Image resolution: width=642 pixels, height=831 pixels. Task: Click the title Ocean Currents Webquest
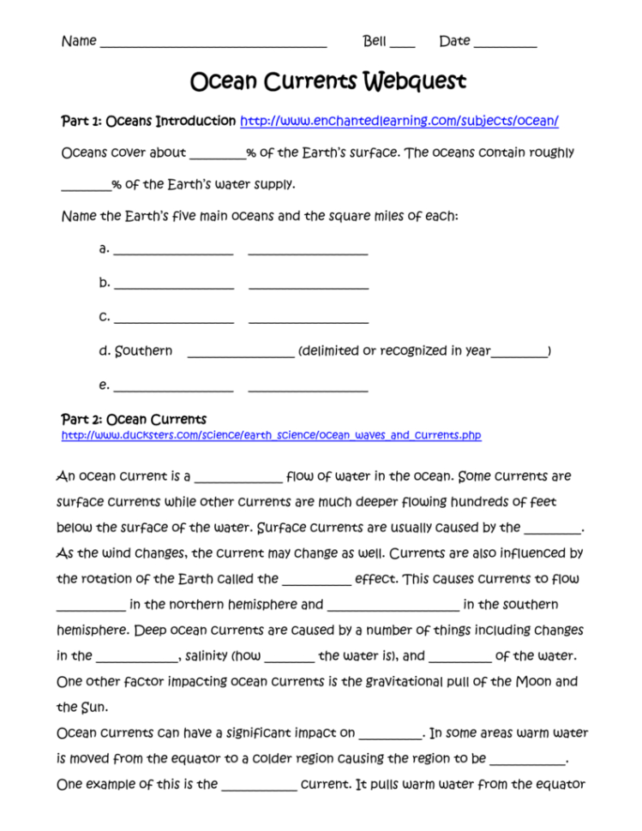327,81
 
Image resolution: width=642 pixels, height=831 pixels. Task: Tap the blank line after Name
213,43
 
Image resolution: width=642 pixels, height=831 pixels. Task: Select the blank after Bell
402,43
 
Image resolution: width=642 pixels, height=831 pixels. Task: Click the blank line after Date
505,43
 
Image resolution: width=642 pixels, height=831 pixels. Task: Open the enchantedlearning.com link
399,122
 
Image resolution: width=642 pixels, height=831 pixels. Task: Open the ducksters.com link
271,436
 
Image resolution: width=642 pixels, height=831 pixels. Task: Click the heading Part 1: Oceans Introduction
148,121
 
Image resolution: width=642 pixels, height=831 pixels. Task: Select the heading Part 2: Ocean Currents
134,420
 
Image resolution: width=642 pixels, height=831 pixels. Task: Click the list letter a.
104,249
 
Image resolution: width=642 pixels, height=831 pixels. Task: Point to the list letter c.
104,317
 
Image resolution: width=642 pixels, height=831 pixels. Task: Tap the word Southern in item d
143,351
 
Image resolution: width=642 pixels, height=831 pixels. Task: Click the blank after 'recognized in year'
519,353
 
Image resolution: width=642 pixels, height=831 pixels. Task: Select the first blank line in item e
173,388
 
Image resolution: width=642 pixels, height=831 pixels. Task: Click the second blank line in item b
308,285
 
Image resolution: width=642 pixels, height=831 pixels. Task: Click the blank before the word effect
316,582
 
